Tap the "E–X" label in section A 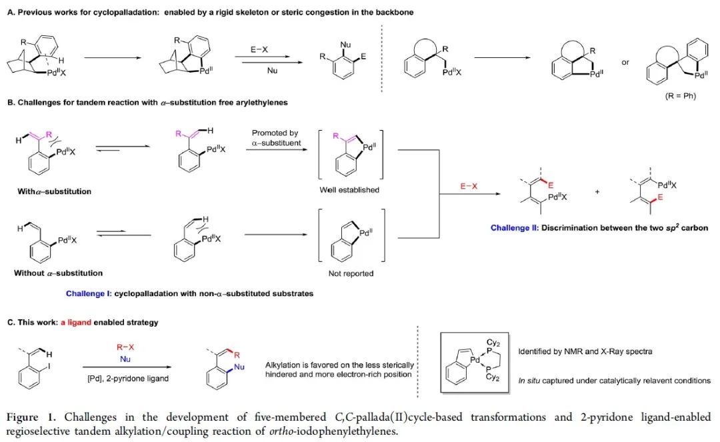point(259,49)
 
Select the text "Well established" point(350,190)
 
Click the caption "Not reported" point(351,273)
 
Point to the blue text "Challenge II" point(514,227)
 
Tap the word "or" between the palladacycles point(625,62)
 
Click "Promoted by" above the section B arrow point(275,133)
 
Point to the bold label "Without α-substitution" point(58,273)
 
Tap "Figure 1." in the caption point(29,417)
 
